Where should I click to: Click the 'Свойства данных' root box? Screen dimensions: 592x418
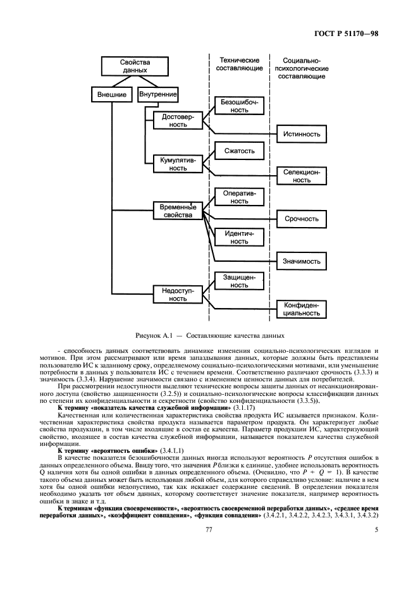133,66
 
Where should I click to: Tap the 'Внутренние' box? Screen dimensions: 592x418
154,95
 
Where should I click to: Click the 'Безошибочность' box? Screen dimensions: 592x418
238,105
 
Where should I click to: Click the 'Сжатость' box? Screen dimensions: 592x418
238,151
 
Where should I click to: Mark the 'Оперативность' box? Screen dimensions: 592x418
238,197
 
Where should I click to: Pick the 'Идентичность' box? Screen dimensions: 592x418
238,237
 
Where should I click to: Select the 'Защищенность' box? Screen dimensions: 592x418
238,280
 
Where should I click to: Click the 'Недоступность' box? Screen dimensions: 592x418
178,293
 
